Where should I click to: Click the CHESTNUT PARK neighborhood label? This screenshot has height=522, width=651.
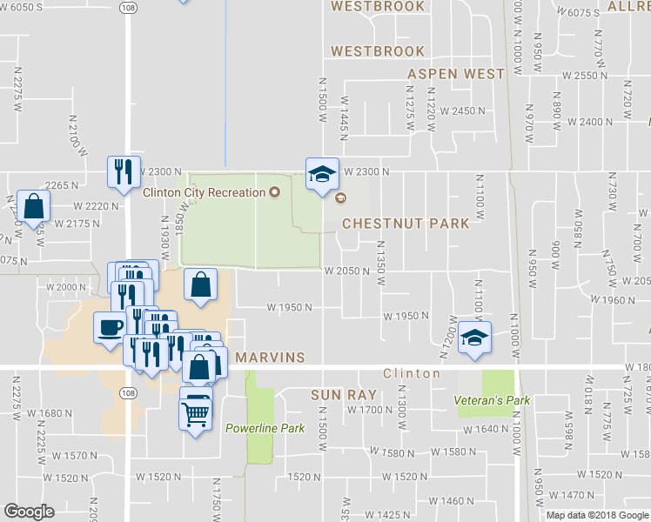406,224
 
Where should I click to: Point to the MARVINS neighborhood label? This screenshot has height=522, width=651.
271,358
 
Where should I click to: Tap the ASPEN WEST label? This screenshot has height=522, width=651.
456,74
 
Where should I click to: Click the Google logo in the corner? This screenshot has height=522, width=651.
29,512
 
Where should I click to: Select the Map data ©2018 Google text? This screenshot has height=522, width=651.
598,515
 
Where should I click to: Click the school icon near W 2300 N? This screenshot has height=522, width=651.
321,174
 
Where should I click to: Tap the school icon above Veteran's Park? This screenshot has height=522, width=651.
475,338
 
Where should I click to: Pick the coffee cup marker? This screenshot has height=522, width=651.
110,328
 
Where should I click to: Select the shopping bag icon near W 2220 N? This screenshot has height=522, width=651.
33,207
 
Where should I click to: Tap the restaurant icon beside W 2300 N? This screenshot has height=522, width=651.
122,171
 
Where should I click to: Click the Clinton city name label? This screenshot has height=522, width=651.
412,373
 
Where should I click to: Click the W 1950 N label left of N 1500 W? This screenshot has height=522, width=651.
290,307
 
